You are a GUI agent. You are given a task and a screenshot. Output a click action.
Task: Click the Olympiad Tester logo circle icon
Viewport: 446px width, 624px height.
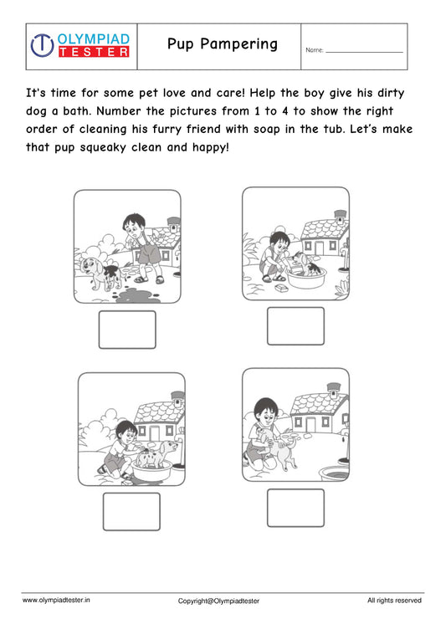click(x=42, y=45)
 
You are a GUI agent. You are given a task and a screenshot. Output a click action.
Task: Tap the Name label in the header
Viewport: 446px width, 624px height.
click(x=315, y=51)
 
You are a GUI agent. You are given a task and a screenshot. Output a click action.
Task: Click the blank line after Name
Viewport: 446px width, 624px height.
click(x=364, y=51)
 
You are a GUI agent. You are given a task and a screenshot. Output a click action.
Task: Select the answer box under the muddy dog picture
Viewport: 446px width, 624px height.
click(x=127, y=330)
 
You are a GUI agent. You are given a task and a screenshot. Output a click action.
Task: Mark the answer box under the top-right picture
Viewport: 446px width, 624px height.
click(x=295, y=326)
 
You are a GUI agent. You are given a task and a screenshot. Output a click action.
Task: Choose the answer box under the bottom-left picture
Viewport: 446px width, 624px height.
click(x=131, y=511)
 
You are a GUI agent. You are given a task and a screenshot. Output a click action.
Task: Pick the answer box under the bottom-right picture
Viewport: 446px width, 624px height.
click(x=295, y=508)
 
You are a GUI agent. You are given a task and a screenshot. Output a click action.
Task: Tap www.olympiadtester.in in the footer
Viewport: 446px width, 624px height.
click(x=56, y=600)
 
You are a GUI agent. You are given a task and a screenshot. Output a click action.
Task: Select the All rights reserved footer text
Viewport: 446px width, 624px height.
click(x=394, y=600)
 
